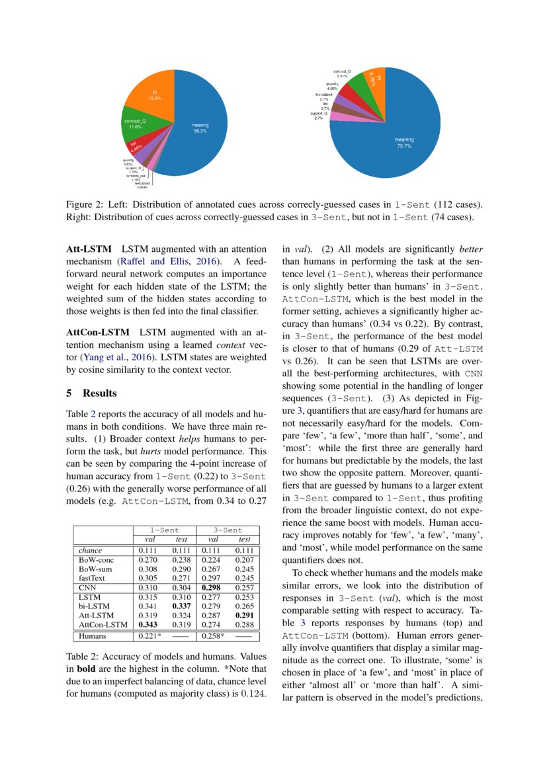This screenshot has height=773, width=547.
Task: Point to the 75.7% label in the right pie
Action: [x=403, y=146]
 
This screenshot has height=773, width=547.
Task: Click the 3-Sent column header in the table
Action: [x=228, y=530]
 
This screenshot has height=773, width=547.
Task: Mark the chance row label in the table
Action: [x=90, y=549]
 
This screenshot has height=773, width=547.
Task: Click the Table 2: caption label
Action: [x=85, y=657]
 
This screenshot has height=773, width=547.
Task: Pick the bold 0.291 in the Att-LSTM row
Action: [x=245, y=614]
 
